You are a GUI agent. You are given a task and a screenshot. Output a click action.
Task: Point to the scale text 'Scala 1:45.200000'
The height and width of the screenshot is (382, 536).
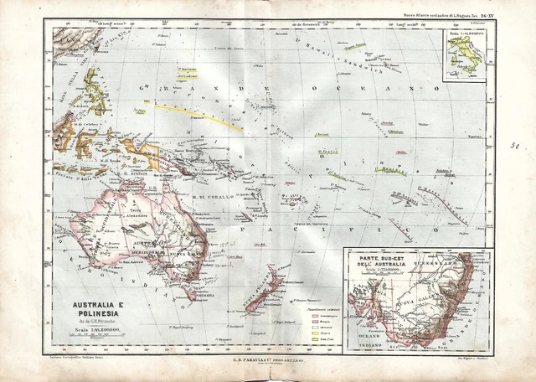click(x=93, y=331)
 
